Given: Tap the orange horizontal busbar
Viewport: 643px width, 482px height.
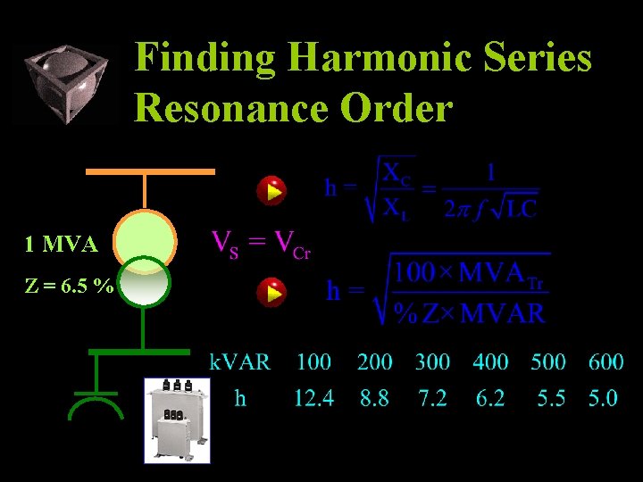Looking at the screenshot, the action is pyautogui.click(x=150, y=170).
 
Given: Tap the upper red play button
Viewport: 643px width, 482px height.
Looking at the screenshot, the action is pyautogui.click(x=270, y=190).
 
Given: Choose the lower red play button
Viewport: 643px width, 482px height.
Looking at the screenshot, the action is pyautogui.click(x=270, y=292).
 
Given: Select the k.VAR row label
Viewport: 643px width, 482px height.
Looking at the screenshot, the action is pyautogui.click(x=239, y=361).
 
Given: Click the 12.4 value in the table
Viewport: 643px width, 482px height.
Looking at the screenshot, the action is pyautogui.click(x=313, y=398).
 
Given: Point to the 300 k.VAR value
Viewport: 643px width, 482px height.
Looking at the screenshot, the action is pyautogui.click(x=432, y=361).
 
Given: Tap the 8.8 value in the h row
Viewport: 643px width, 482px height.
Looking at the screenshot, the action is pyautogui.click(x=374, y=398).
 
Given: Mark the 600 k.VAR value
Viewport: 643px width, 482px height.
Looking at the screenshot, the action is pyautogui.click(x=605, y=361).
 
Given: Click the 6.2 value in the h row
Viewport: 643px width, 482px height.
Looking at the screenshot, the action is pyautogui.click(x=489, y=398).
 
